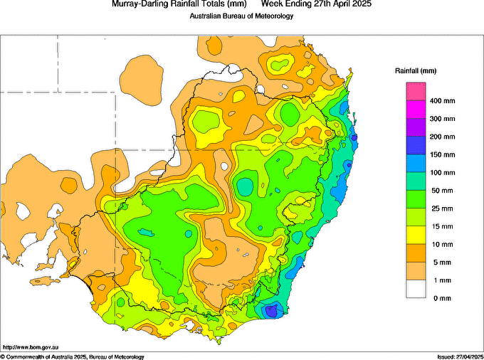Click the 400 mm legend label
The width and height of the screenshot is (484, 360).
point(441,101)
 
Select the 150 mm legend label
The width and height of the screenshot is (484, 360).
point(441,154)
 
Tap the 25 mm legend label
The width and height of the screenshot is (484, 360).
point(440,208)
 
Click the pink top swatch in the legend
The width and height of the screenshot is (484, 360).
point(416,92)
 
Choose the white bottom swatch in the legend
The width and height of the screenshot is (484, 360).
point(416,289)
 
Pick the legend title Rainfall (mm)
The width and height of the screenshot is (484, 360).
point(416,71)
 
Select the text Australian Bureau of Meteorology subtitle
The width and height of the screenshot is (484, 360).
point(241,16)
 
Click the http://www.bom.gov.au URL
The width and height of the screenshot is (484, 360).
point(30,346)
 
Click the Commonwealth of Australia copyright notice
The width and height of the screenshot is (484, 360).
point(73,356)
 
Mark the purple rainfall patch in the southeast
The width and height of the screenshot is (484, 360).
point(271,310)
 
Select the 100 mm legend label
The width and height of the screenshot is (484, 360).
point(441,173)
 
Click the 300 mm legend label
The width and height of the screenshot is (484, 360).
point(441,119)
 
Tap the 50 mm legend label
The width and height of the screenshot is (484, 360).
point(440,191)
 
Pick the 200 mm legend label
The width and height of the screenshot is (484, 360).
point(441,137)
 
